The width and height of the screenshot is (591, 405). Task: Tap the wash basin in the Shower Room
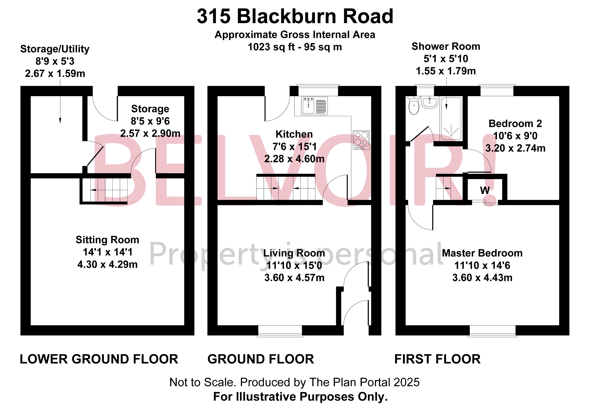point(430,102)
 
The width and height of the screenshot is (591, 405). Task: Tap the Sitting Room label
point(107,240)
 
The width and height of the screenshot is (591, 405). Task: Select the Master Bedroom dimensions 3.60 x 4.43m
point(482,278)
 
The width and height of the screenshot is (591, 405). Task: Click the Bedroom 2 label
point(515,124)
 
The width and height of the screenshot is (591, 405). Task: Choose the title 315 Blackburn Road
point(295,16)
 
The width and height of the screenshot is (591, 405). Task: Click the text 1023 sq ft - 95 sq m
point(295,47)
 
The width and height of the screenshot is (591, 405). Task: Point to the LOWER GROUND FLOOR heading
point(99,359)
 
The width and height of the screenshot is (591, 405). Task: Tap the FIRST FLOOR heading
point(437,359)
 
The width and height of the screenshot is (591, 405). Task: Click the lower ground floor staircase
point(109,190)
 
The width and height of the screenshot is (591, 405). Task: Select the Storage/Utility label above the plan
point(55,49)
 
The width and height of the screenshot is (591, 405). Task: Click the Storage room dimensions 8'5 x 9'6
point(150,121)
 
